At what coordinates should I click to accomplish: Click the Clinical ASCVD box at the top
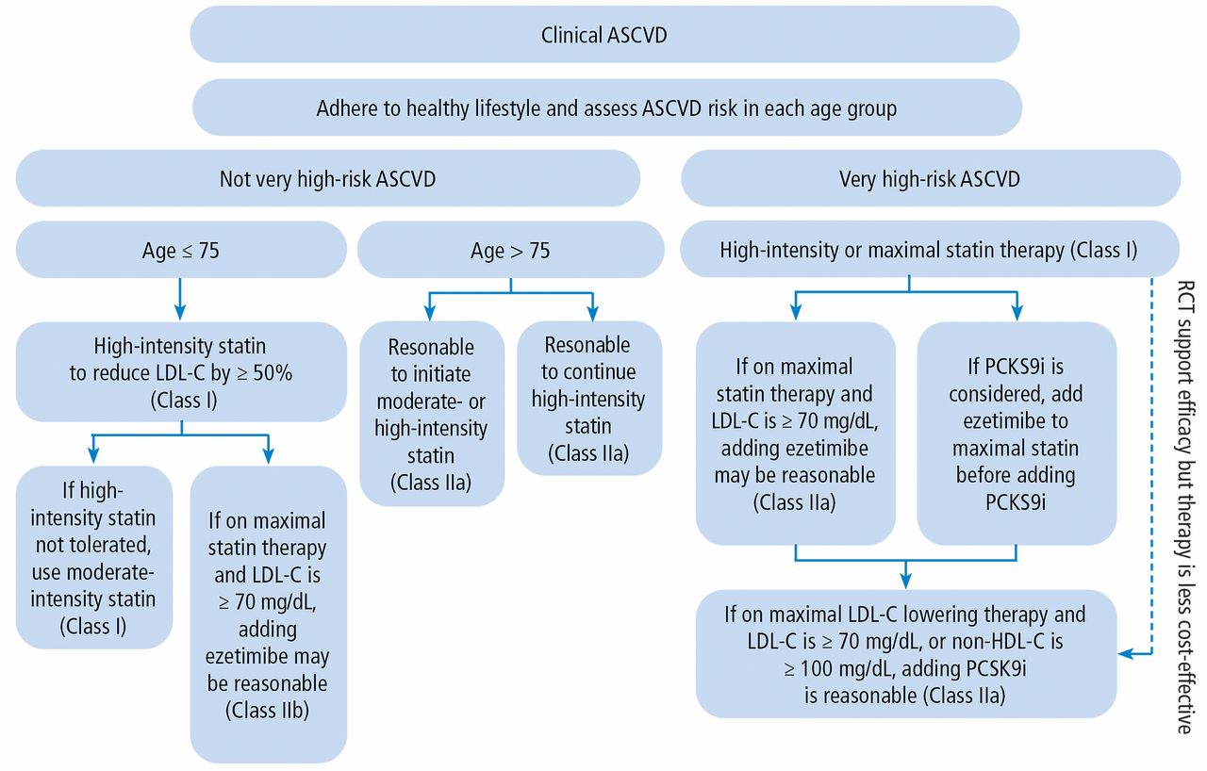604,35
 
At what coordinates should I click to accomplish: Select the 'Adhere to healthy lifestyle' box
606,107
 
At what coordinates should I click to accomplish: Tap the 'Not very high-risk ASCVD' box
327,178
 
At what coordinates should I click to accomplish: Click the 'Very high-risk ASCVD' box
931,178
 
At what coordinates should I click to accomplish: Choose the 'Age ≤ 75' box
181,250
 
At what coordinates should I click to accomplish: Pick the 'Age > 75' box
510,250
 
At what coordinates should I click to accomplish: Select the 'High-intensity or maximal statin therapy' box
930,249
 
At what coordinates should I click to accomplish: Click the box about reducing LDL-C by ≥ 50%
181,372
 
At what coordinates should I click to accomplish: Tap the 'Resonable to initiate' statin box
432,414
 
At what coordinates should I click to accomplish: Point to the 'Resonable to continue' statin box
589,399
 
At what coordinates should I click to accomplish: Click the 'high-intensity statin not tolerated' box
93,557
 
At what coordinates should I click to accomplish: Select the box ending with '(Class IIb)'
269,615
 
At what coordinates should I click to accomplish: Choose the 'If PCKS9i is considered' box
1017,434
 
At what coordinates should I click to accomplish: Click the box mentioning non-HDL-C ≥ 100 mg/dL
906,653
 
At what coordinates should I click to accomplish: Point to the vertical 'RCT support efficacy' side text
1184,506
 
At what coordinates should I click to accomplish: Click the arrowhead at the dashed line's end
1125,654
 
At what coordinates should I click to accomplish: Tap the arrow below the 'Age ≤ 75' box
180,300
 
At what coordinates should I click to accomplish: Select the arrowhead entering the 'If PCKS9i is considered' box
1017,313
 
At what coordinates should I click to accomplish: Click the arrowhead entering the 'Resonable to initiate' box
429,313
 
